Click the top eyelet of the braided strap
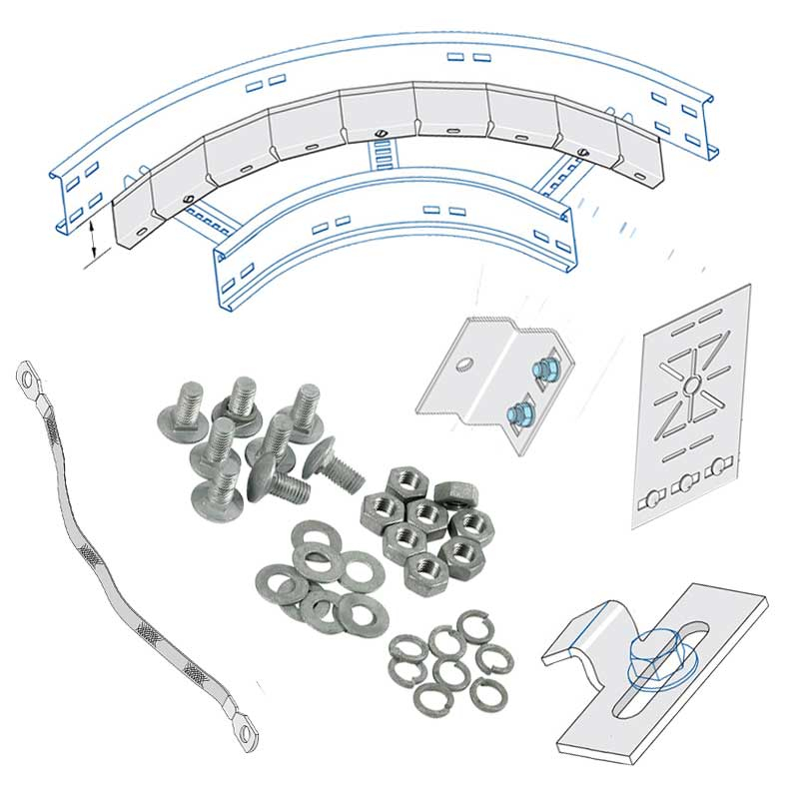tap(27, 379)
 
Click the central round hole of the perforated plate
tap(690, 384)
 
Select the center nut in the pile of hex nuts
tap(427, 513)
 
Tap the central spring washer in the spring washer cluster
tap(450, 670)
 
